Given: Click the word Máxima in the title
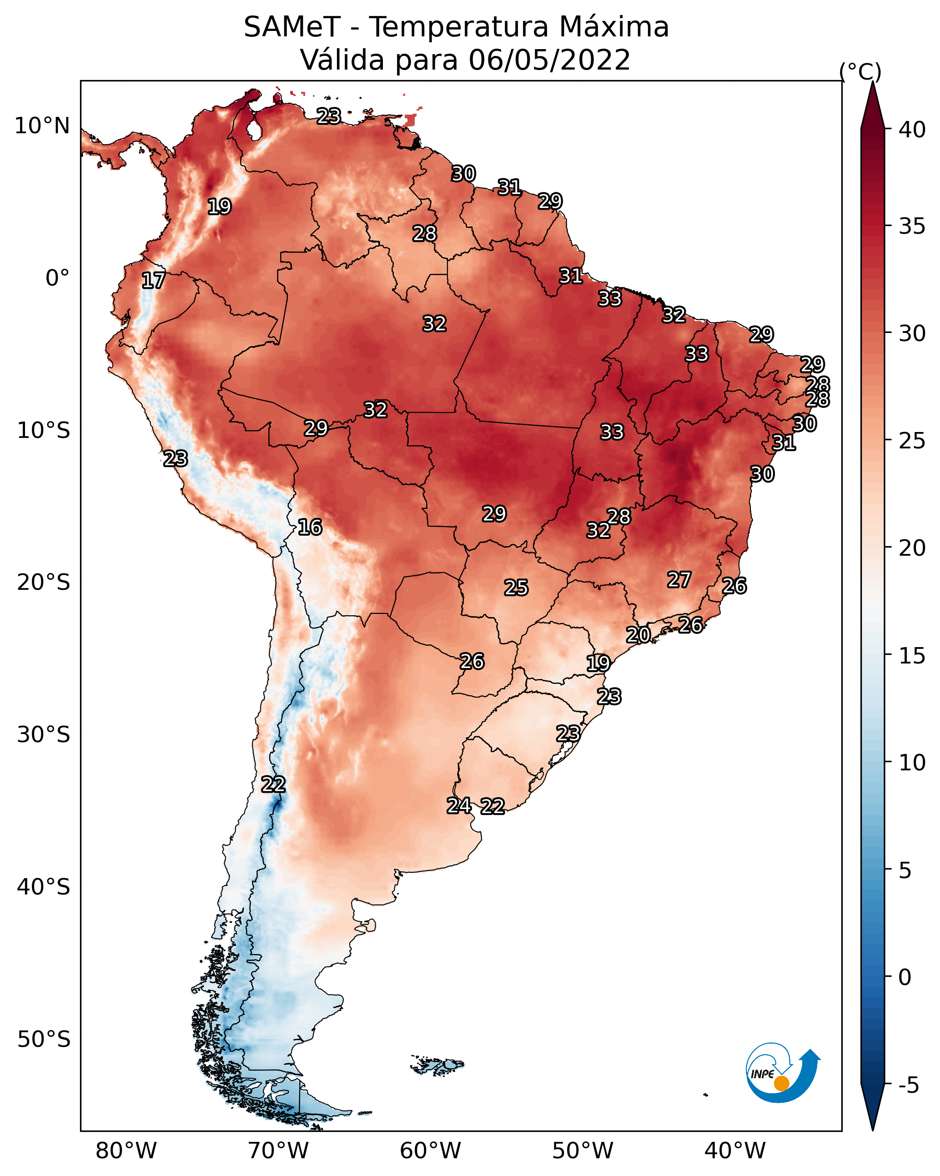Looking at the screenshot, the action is pyautogui.click(x=613, y=27).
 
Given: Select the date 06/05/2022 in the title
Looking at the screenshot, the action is pyautogui.click(x=549, y=60).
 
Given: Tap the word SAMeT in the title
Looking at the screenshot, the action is pyautogui.click(x=292, y=27).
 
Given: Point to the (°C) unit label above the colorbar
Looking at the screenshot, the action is pyautogui.click(x=860, y=71).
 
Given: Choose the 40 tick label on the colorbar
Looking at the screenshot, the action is pyautogui.click(x=912, y=130).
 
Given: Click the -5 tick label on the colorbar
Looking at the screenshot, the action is pyautogui.click(x=909, y=1085).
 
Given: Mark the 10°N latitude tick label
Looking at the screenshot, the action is pyautogui.click(x=42, y=126).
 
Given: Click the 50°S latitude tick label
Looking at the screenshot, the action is pyautogui.click(x=44, y=1039).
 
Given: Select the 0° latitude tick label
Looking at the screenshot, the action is pyautogui.click(x=58, y=278).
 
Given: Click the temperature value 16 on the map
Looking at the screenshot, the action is pyautogui.click(x=310, y=527).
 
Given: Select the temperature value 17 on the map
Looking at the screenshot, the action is pyautogui.click(x=153, y=281).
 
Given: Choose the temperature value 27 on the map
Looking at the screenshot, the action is pyautogui.click(x=679, y=579).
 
